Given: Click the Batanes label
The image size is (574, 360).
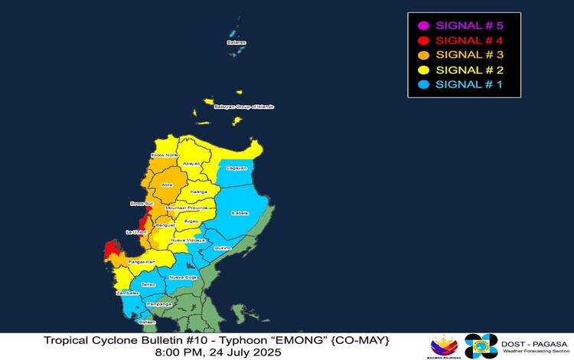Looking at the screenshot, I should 236,43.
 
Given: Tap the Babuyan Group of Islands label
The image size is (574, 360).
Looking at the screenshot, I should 243,106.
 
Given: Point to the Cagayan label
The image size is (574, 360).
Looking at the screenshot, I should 236,168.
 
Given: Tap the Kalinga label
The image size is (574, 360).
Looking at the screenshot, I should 198,191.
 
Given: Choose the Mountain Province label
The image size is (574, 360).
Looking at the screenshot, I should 187,208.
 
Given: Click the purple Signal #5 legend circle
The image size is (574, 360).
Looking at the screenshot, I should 421,25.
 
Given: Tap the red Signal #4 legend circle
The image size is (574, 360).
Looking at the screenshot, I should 421,39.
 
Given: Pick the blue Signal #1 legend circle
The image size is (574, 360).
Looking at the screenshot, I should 421,84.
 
